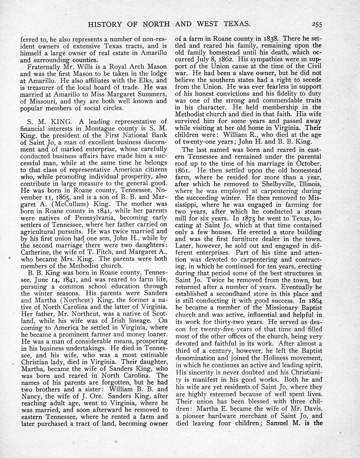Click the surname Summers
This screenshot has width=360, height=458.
pos(149,94)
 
